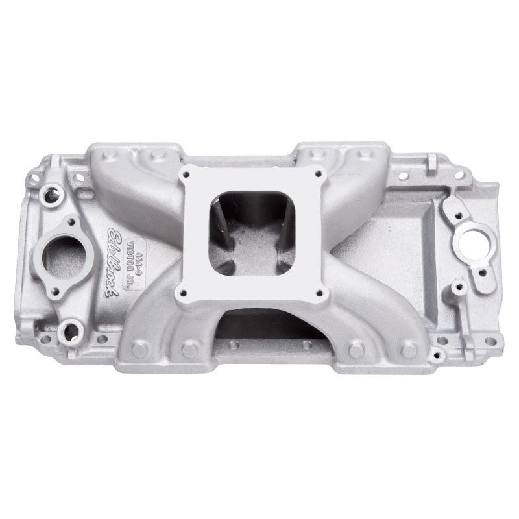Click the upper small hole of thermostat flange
[x=84, y=220]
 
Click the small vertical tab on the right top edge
[x=430, y=171]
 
